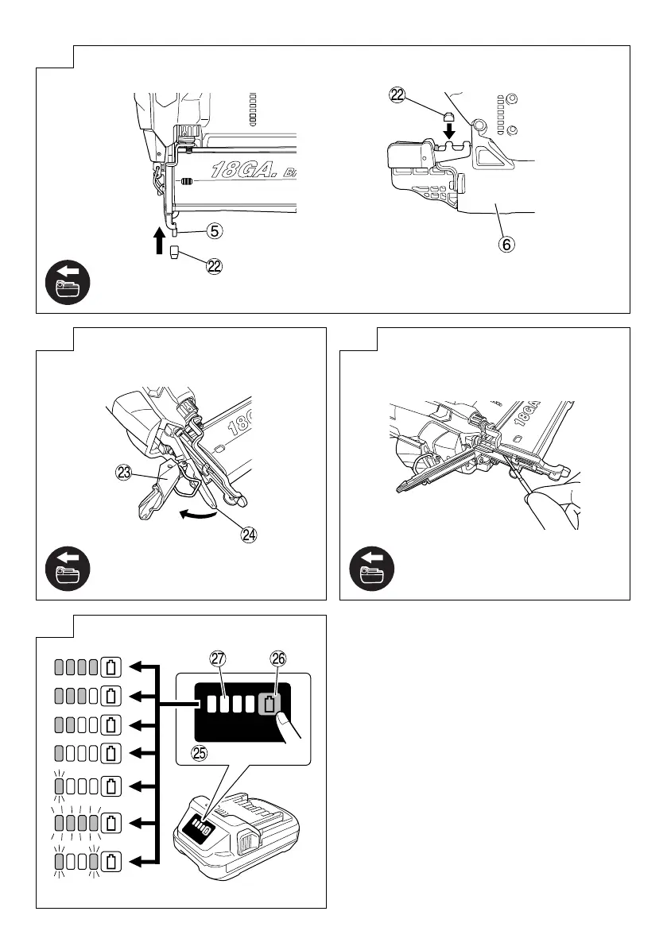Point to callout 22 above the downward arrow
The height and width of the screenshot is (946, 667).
coord(397,95)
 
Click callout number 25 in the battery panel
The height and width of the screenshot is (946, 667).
coord(200,754)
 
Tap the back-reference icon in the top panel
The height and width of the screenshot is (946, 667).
coord(68,284)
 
